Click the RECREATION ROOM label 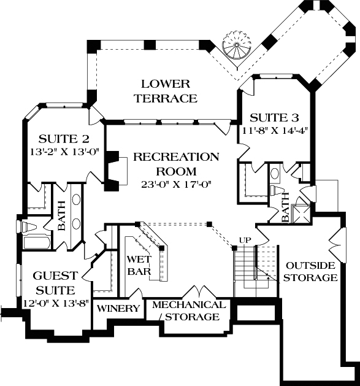[x=176, y=164]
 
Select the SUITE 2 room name [x=61, y=138]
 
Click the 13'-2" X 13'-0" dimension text [x=61, y=151]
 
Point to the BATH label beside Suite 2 [x=61, y=217]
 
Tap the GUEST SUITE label [x=54, y=282]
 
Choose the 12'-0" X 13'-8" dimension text [x=54, y=302]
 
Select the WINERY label [x=119, y=309]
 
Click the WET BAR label [x=139, y=264]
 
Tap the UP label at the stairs [x=243, y=239]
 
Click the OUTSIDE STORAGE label [x=311, y=271]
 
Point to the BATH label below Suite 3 [x=285, y=208]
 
